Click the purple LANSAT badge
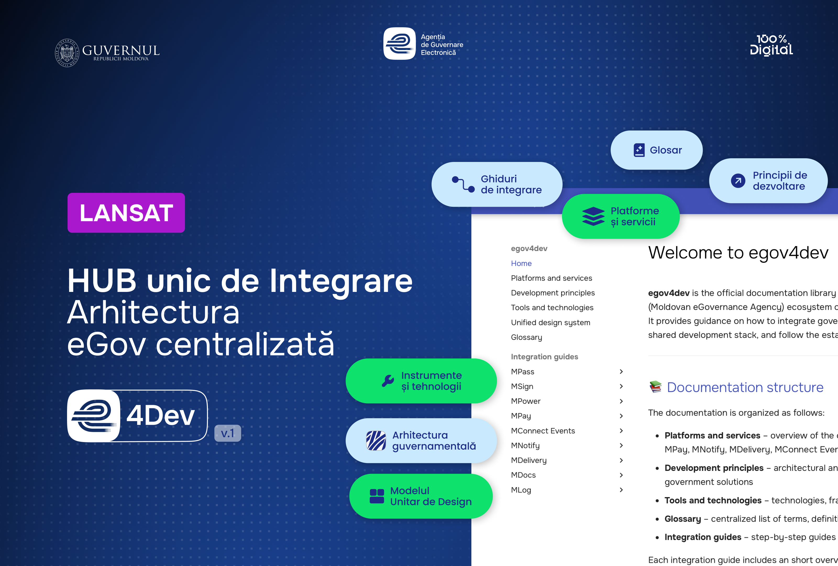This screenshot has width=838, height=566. (126, 213)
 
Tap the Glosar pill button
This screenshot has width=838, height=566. (656, 150)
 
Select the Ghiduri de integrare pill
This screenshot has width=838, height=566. (497, 184)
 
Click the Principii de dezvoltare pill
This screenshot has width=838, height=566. (768, 181)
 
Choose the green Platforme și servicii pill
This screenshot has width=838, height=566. (621, 216)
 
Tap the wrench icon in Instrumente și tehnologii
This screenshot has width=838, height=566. (388, 381)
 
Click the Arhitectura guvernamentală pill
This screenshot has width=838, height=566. (421, 440)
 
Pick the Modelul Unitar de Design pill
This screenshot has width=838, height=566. (421, 496)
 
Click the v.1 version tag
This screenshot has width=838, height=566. (228, 433)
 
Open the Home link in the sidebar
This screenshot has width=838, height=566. (521, 263)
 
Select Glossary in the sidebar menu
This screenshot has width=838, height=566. (526, 337)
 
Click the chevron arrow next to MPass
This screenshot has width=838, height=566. (621, 372)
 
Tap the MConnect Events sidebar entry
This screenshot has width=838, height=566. (543, 431)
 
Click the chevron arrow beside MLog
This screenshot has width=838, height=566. (621, 490)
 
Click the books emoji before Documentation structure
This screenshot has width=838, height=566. (655, 387)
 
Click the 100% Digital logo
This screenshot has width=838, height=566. (771, 45)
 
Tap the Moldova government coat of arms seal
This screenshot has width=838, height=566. (67, 53)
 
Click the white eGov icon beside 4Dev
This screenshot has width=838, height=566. (94, 416)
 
